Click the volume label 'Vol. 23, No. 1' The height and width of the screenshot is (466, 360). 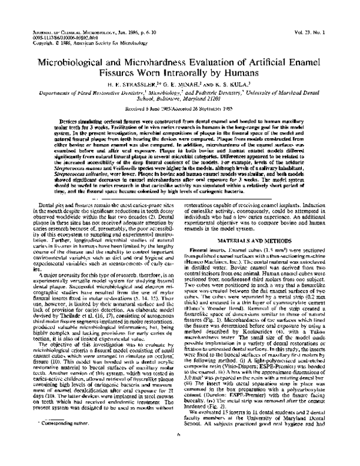pyautogui.click(x=326, y=28)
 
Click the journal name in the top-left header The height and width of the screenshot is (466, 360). pyautogui.click(x=73, y=28)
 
